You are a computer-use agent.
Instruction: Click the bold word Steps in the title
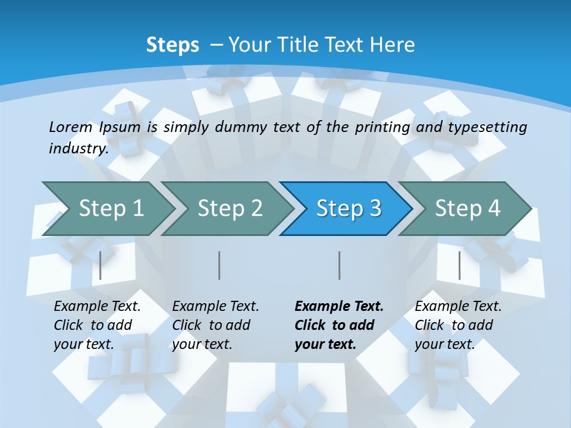click(172, 45)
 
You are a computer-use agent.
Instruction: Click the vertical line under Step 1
click(101, 265)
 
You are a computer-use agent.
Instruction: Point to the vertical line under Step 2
click(219, 265)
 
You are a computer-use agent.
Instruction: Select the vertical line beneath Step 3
click(340, 265)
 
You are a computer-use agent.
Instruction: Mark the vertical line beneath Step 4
click(459, 265)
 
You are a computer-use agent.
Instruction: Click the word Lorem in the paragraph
click(71, 127)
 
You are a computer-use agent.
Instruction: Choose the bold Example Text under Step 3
click(339, 307)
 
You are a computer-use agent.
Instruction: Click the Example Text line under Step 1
click(97, 307)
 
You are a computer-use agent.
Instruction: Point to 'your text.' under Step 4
click(444, 344)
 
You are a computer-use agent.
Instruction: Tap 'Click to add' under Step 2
click(211, 326)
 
